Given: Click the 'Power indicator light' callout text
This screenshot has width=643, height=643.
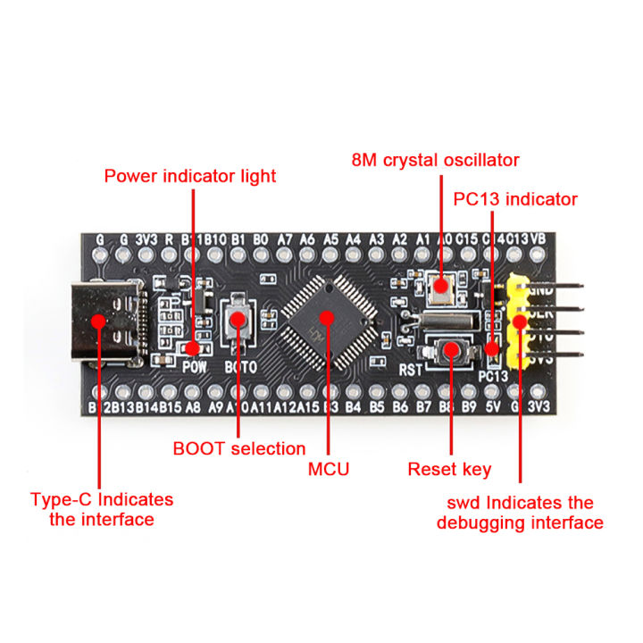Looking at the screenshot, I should point(190,176).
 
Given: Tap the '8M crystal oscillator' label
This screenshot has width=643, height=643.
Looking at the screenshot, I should point(434,161).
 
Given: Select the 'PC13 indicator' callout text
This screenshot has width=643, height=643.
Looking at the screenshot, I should point(515,199).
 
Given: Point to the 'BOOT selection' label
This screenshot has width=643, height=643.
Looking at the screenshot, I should point(239,448).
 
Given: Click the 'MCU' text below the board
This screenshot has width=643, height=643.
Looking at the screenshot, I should point(329,469).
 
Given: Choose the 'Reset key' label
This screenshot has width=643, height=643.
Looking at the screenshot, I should point(449,469).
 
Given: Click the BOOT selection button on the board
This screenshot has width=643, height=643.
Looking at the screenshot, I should point(238,318).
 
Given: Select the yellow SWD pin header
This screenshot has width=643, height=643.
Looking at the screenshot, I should point(518,322).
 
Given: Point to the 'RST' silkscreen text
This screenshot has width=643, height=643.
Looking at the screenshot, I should point(411,368).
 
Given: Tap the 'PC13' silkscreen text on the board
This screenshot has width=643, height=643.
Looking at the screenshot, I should point(492,375).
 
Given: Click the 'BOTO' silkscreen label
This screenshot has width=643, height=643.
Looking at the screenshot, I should point(240,367).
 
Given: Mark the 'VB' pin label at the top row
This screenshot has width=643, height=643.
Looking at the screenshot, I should point(538,239).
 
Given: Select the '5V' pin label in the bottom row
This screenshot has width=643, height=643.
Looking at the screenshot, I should point(491,408).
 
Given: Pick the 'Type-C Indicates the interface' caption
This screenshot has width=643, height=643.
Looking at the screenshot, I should point(101,509).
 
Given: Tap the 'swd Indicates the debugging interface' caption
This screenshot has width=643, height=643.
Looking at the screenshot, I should point(520,513).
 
